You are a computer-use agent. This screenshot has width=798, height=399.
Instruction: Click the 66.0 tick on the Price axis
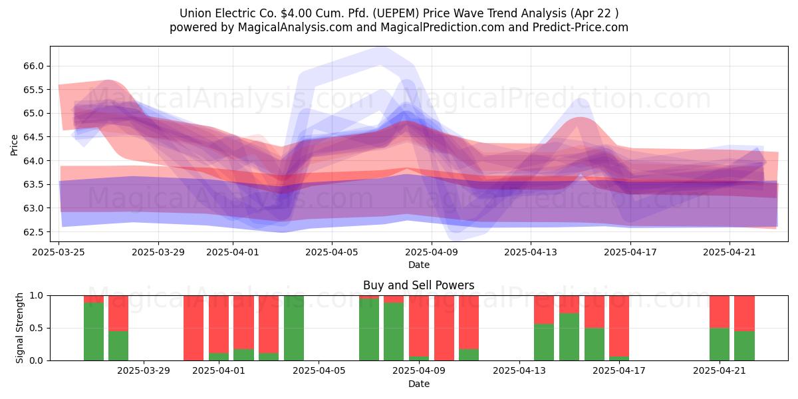pyautogui.click(x=33, y=66)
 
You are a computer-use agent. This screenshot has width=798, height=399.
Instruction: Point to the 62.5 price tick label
pyautogui.click(x=33, y=232)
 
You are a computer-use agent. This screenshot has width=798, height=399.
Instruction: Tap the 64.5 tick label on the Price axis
pyautogui.click(x=33, y=137)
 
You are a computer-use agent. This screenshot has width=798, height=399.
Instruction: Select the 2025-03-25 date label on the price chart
pyautogui.click(x=59, y=252)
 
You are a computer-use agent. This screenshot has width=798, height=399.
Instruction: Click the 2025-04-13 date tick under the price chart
pyautogui.click(x=531, y=252)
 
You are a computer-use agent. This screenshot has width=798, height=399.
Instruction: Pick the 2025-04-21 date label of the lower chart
pyautogui.click(x=720, y=371)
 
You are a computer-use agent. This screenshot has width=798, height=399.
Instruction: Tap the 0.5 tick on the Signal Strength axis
pyautogui.click(x=36, y=328)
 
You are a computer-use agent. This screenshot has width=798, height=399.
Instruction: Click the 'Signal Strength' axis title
pyautogui.click(x=19, y=328)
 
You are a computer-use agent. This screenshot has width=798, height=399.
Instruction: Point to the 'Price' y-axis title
pyautogui.click(x=14, y=145)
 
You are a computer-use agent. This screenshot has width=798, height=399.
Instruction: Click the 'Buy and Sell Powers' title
pyautogui.click(x=418, y=285)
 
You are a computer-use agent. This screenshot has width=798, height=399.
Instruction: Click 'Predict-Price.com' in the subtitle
pyautogui.click(x=581, y=27)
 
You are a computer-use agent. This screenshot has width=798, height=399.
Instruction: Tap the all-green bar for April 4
pyautogui.click(x=294, y=328)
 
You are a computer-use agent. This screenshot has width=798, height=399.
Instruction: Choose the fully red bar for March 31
pyautogui.click(x=194, y=328)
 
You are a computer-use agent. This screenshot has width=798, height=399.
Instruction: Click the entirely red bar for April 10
pyautogui.click(x=444, y=328)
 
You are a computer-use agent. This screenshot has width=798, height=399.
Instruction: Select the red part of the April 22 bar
pyautogui.click(x=744, y=313)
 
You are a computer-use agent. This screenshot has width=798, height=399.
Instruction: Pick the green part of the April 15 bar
pyautogui.click(x=569, y=337)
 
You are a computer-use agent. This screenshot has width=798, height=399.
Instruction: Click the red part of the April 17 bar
pyautogui.click(x=619, y=326)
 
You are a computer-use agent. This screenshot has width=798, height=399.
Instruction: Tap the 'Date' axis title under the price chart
pyautogui.click(x=418, y=265)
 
